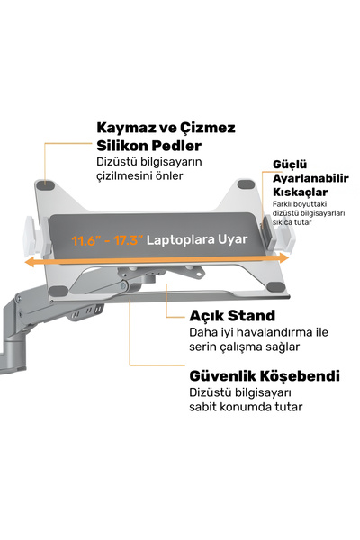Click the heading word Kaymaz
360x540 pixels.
tap(126, 128)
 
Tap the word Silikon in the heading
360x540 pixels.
tap(122, 146)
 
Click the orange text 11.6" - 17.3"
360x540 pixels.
tap(107, 240)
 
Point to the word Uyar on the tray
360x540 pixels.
tap(235, 239)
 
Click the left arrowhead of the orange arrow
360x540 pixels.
tap(29, 263)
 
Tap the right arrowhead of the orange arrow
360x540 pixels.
tap(284, 258)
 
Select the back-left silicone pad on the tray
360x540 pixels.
tap(45, 184)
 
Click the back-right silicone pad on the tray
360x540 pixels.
tap(247, 184)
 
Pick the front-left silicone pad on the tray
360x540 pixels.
tap(58, 292)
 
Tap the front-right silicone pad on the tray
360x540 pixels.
tap(276, 287)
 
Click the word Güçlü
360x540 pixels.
tap(290, 165)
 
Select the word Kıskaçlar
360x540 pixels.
tap(300, 192)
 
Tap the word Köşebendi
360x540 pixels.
tap(300, 375)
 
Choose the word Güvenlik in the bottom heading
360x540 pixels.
tap(222, 375)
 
